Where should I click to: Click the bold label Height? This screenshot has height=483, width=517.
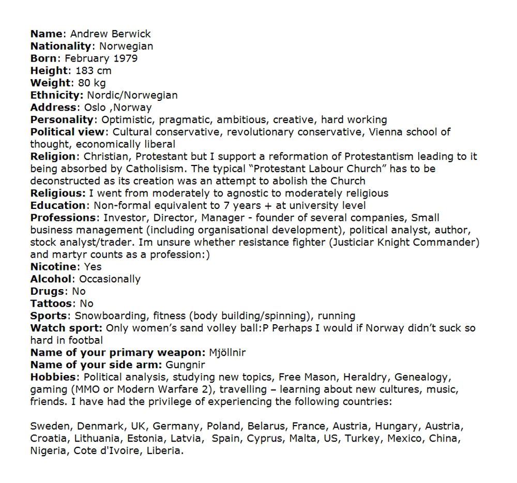tap(49, 71)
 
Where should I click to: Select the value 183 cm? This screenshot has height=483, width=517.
tap(93, 71)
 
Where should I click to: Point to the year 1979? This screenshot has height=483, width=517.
tap(125, 58)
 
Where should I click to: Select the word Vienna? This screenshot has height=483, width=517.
tap(386, 132)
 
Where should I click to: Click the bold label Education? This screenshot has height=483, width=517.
tap(58, 206)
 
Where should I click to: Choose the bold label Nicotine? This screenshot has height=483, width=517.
tap(53, 267)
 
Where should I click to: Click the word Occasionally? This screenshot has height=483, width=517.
tap(110, 279)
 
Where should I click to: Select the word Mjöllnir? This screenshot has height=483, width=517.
tap(227, 353)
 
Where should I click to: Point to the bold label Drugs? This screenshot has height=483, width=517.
tap(48, 291)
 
